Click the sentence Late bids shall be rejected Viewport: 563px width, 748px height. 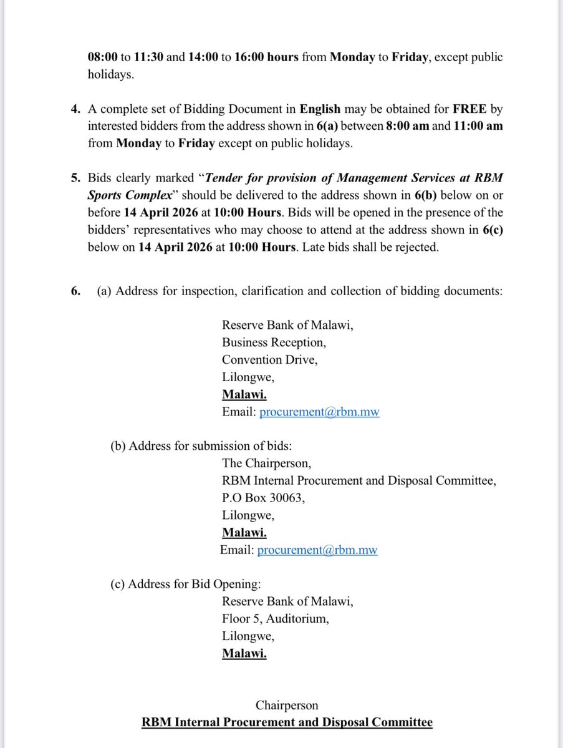pyautogui.click(x=368, y=246)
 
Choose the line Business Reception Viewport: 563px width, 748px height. pyautogui.click(x=274, y=342)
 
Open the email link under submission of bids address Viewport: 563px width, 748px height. pyautogui.click(x=317, y=550)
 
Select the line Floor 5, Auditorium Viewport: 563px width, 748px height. pyautogui.click(x=275, y=619)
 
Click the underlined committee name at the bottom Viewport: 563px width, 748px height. pyautogui.click(x=287, y=722)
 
